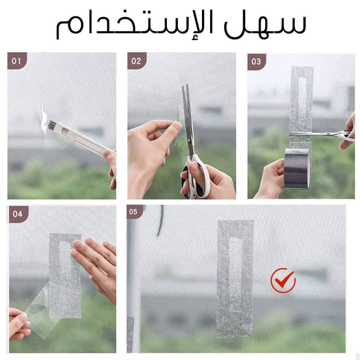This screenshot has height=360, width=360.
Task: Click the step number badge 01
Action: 17,61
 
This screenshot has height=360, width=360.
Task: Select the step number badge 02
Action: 136,61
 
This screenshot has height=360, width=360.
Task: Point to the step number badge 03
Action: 256,62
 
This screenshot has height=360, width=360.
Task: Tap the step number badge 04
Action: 18,214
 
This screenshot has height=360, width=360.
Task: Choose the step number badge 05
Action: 134,211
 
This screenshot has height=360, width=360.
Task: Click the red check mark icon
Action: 283,280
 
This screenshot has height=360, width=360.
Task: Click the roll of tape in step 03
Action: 298,168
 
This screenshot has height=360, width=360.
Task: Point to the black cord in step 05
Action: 160,220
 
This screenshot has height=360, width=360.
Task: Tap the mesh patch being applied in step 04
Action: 65,275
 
